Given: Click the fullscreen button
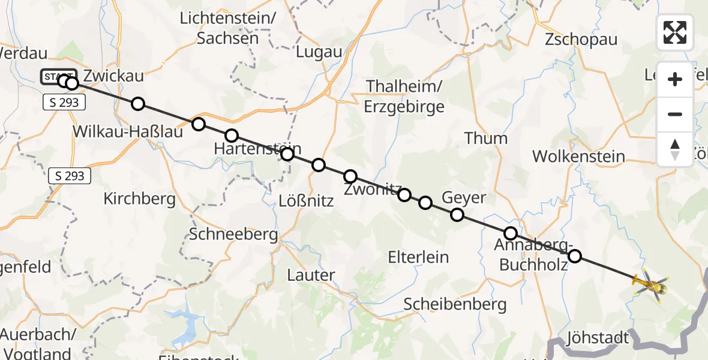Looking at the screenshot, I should pos(675,32).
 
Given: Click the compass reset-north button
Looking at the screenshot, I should pos(675,149).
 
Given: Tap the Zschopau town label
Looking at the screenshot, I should pos(581,40).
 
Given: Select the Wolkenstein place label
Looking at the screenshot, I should pos(578,157).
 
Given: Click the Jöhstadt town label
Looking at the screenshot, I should pos(597,338).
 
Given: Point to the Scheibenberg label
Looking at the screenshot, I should pos(455,304).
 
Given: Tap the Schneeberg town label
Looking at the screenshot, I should pos(233,234).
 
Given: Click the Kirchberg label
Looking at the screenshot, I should pos(139,199).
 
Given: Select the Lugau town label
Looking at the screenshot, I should pos(319,52).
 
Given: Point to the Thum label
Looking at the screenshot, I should pos(486,139).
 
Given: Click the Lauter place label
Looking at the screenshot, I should pos(311,275).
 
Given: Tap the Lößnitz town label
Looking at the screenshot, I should pos(307,201).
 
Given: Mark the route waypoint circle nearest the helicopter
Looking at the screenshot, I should pos(575,256).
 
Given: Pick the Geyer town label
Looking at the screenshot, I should pos(464,197).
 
